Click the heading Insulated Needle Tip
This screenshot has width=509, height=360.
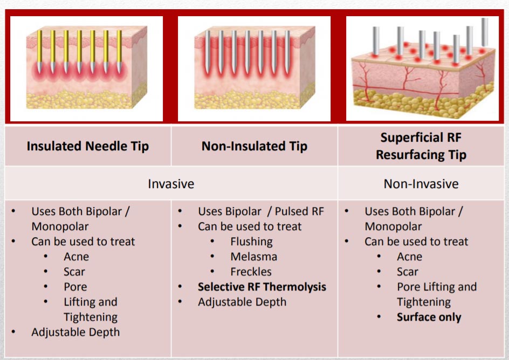pos(88,146)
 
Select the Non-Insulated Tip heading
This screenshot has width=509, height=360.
pos(254,146)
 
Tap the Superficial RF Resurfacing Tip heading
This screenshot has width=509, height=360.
pos(421,146)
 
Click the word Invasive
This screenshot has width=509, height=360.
pos(171,184)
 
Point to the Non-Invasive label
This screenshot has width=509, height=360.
pos(421,184)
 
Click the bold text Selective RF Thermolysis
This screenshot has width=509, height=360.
pos(262,287)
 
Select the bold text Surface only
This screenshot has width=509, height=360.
pos(429,317)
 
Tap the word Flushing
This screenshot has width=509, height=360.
pos(252,242)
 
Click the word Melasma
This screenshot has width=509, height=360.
pos(254,257)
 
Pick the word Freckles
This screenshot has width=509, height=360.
pos(251,272)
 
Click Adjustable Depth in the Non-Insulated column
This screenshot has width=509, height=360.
pos(242,302)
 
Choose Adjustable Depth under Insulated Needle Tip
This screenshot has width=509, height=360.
pos(75,333)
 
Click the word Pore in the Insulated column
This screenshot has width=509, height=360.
pos(75,287)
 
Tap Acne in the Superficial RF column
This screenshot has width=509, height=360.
pos(409,257)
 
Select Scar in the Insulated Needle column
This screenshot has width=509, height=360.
pos(74,272)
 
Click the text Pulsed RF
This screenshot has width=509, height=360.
pos(299,211)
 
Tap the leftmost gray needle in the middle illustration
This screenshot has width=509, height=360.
pos(208,52)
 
